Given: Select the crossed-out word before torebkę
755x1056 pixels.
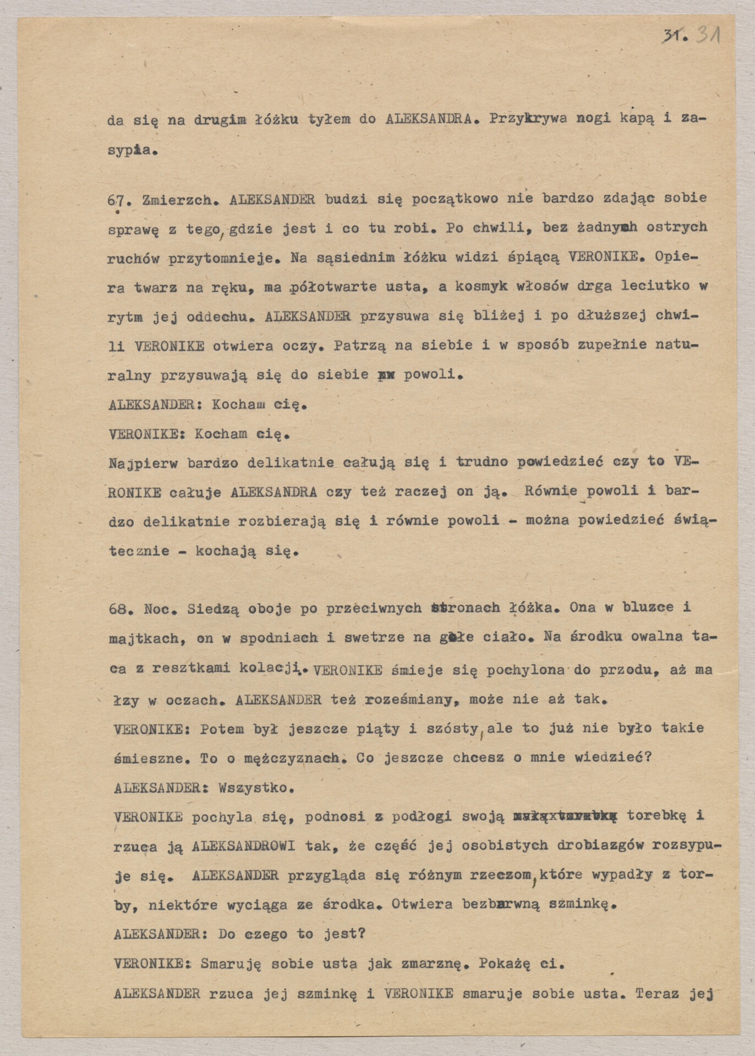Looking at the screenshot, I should tap(565, 817).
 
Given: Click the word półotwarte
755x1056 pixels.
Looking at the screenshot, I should tap(325, 287).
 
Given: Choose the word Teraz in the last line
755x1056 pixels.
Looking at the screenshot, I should tap(658, 994).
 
